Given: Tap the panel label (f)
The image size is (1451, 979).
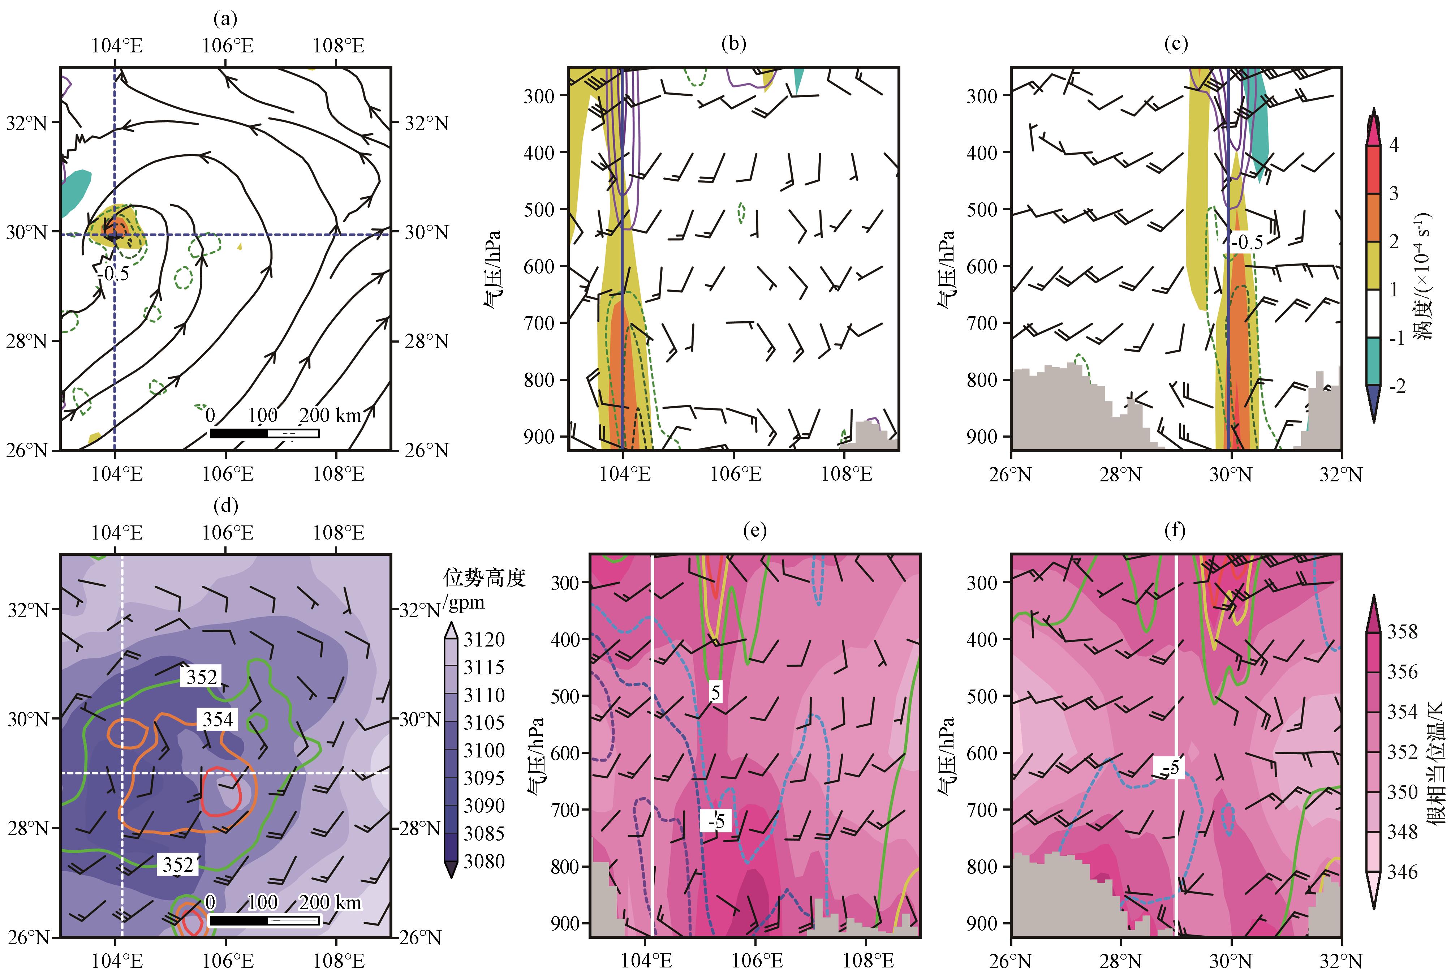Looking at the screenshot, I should coord(1175,531).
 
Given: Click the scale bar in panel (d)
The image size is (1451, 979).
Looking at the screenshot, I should coord(264,920).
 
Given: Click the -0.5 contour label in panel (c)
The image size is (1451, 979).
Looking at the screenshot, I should coord(1246,242).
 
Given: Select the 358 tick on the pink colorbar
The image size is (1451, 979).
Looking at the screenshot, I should coord(1402,632).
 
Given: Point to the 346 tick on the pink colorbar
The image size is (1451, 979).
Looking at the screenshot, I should coord(1402,872).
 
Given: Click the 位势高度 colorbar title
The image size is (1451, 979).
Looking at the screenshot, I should coord(484,578).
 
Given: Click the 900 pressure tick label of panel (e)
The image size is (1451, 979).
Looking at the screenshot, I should coord(566,923).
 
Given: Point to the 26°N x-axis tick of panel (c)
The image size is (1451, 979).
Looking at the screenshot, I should coord(1011,475).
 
